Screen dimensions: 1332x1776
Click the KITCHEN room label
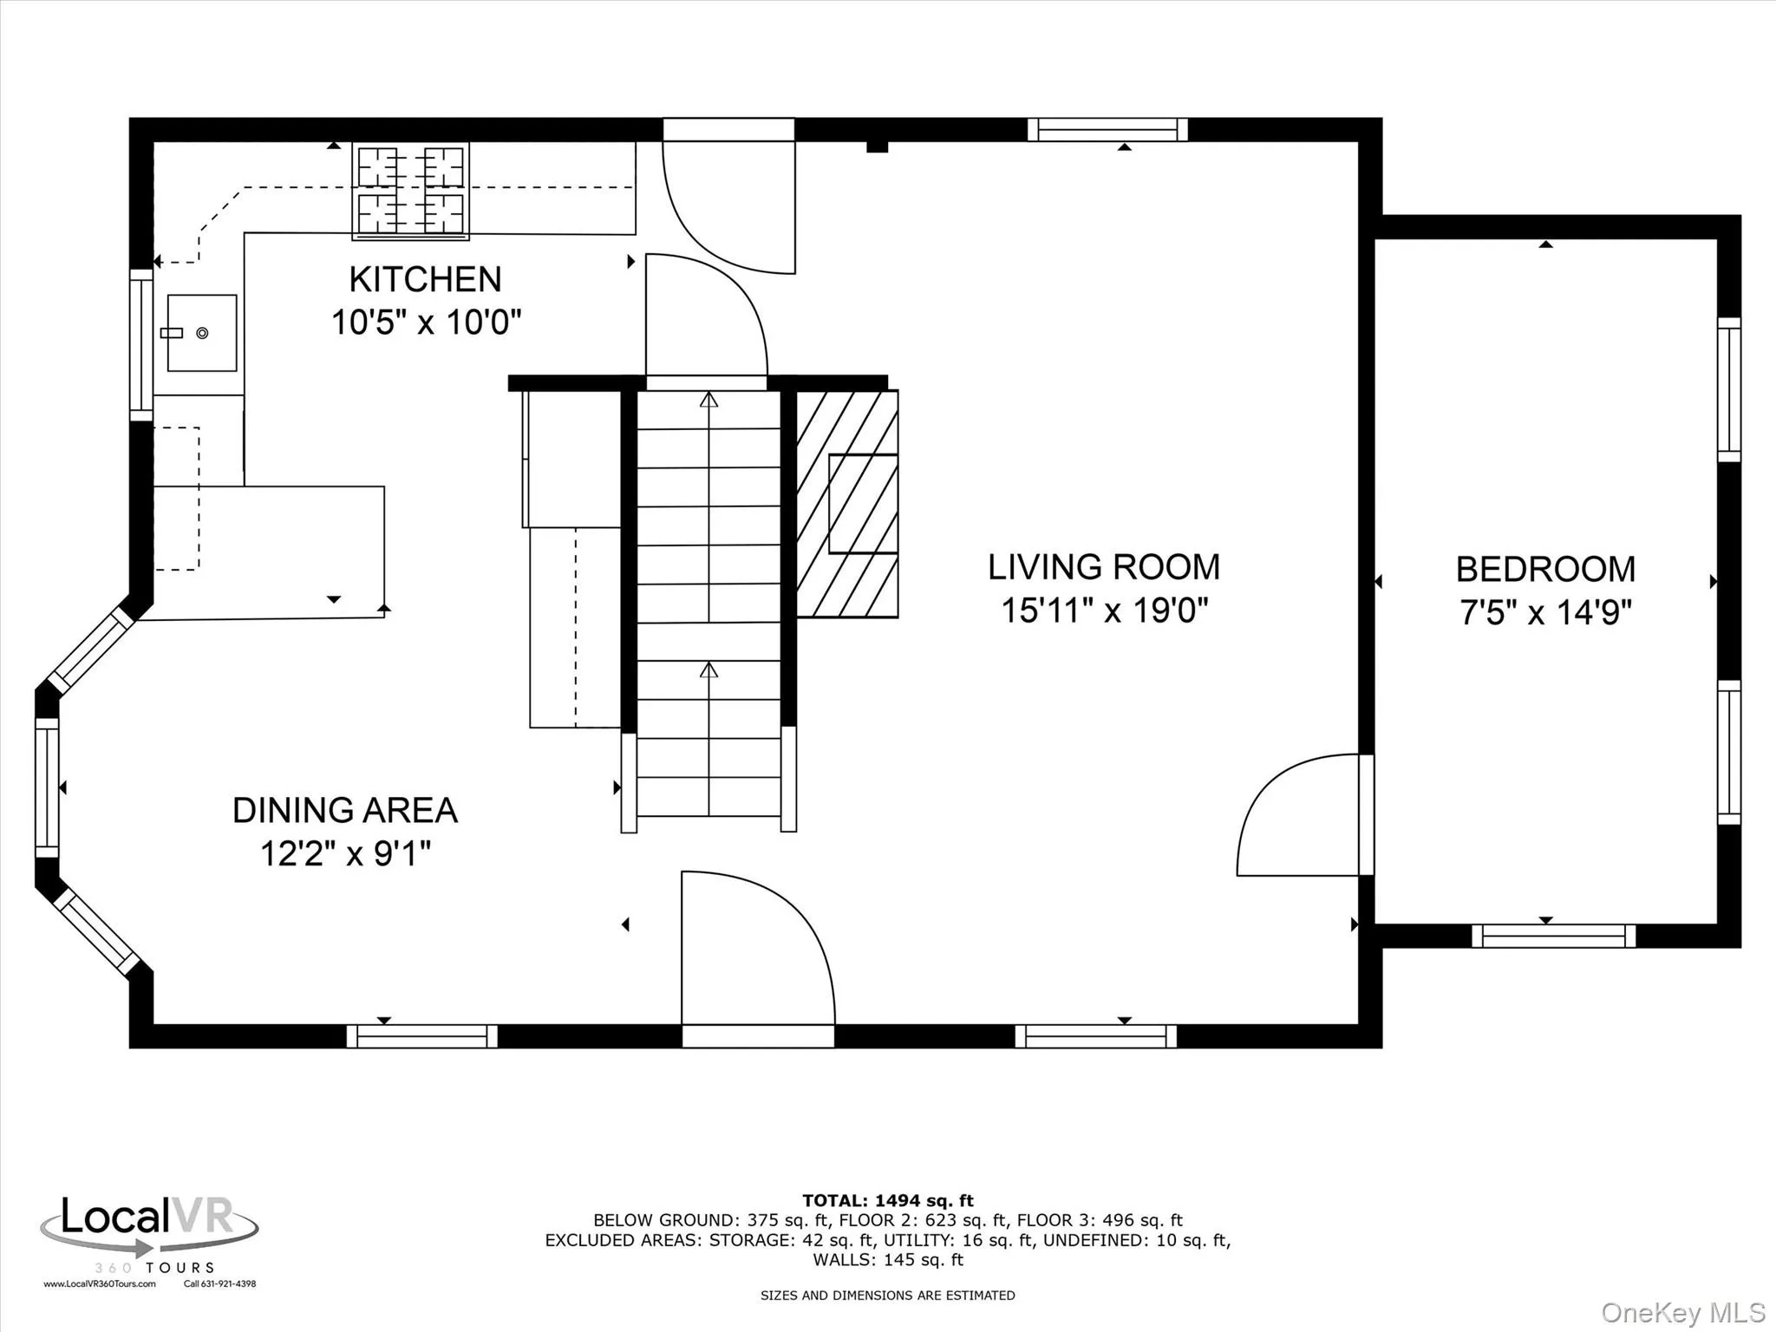pos(425,279)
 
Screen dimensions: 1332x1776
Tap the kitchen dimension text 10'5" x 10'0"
pos(426,323)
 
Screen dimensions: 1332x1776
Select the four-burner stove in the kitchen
pos(411,191)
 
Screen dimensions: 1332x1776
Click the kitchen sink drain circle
pos(202,333)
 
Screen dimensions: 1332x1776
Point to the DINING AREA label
pos(344,810)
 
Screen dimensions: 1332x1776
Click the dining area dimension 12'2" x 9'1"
pos(345,853)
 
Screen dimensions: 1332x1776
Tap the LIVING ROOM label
pos(1103,567)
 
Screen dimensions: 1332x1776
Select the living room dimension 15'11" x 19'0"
pos(1104,610)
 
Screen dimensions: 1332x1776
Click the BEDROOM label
pos(1545,570)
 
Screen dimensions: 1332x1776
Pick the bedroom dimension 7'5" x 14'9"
pos(1545,613)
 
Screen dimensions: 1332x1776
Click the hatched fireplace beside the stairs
pos(846,504)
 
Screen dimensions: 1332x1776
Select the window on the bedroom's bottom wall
pos(1553,936)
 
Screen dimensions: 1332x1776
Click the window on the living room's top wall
pos(1107,130)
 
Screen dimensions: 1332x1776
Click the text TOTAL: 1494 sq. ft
pos(887,1200)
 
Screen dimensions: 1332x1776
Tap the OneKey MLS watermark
pos(1682,1312)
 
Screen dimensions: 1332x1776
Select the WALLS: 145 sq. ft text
pos(887,1260)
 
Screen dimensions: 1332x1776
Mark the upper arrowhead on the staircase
pos(709,400)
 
